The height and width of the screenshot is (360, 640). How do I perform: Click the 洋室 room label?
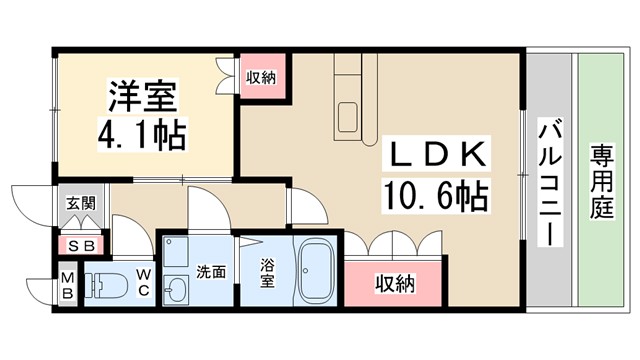point(142,98)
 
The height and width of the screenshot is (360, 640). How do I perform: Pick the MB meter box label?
point(67,285)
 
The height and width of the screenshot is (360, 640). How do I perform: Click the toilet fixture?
point(102,285)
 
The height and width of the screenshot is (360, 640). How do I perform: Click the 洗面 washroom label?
point(210,271)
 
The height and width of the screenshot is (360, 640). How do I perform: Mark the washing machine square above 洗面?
point(176,251)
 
